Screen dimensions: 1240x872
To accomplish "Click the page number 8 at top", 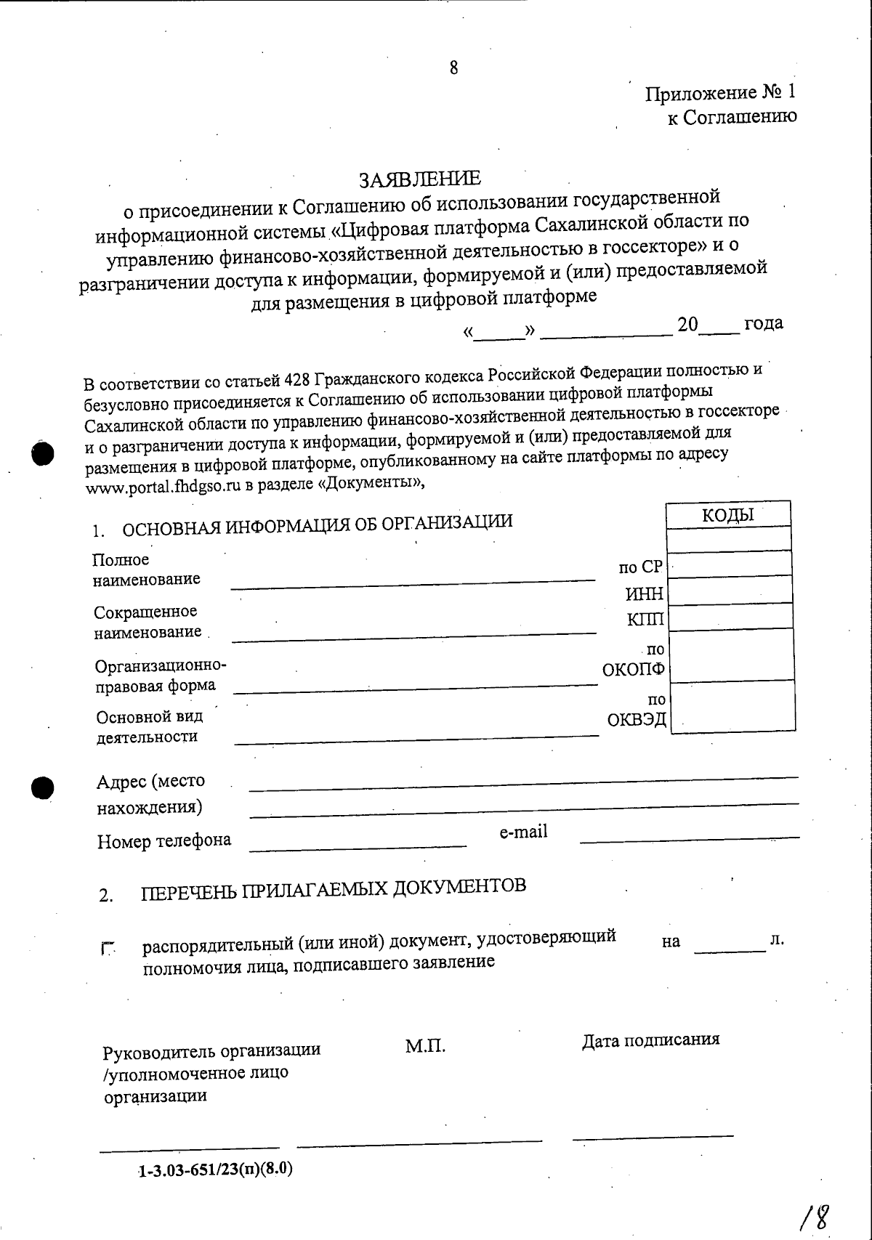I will pyautogui.click(x=454, y=68).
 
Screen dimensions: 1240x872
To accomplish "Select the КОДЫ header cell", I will pyautogui.click(x=728, y=515).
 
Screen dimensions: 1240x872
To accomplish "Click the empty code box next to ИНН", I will pyautogui.click(x=730, y=592).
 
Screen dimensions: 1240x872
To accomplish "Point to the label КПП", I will pyautogui.click(x=646, y=619).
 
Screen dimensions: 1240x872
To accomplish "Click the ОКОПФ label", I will pyautogui.click(x=634, y=669).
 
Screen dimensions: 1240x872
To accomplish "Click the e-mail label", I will pyautogui.click(x=523, y=832).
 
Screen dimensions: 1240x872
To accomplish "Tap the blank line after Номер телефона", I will pyautogui.click(x=358, y=845).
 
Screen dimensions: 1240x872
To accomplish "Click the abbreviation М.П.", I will pyautogui.click(x=425, y=1046).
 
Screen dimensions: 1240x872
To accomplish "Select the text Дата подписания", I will pyautogui.click(x=650, y=1040).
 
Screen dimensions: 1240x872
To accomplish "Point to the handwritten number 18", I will pyautogui.click(x=815, y=1214).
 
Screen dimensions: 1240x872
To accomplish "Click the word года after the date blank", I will pyautogui.click(x=763, y=323).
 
